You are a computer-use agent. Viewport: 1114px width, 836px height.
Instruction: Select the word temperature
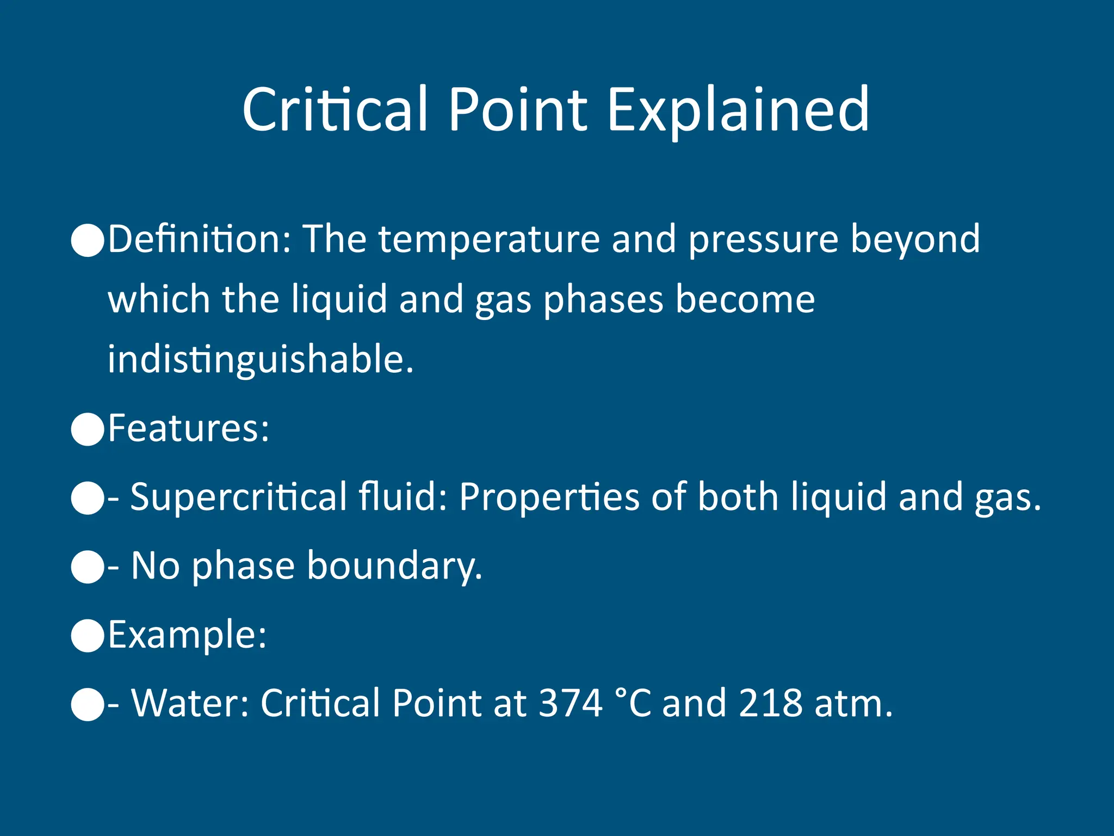click(x=489, y=240)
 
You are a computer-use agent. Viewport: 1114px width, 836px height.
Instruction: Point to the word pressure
click(x=763, y=240)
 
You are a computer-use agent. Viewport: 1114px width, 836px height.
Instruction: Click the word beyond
click(x=915, y=240)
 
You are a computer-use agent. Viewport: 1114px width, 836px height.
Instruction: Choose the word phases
click(x=603, y=300)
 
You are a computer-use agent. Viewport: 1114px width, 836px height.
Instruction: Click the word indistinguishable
click(x=260, y=360)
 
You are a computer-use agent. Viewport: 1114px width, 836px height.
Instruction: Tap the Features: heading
click(x=188, y=428)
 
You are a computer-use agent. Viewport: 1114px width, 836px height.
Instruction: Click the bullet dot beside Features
click(x=88, y=429)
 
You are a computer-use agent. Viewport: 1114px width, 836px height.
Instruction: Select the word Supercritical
click(x=239, y=497)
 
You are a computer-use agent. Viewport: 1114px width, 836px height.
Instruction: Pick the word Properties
click(x=549, y=497)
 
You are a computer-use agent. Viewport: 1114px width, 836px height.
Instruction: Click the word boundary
click(x=394, y=566)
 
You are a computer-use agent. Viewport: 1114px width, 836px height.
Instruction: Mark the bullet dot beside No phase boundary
click(x=88, y=567)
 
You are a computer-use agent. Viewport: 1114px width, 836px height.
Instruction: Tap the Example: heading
click(x=187, y=635)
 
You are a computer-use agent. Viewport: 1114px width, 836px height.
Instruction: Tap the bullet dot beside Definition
click(x=88, y=240)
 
